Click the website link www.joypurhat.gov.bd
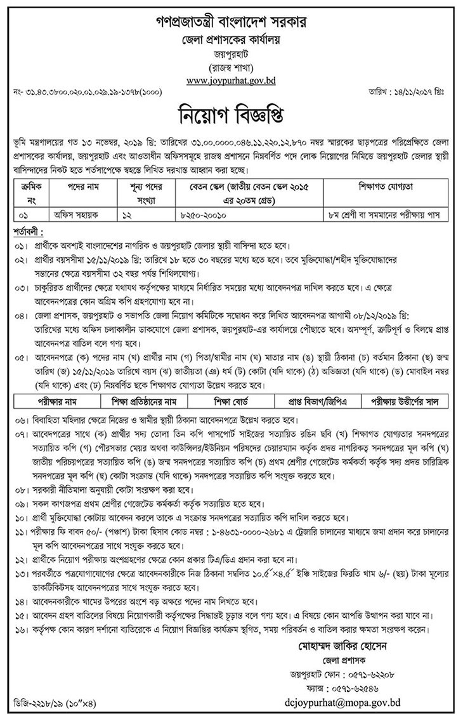coord(231,80)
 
